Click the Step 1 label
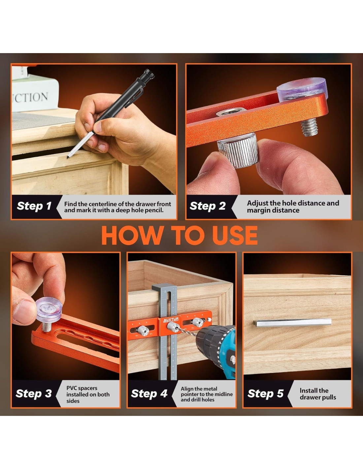tap(34, 206)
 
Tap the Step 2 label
tap(208, 206)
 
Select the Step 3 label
tap(34, 393)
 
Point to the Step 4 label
tap(149, 393)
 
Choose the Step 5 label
tap(265, 393)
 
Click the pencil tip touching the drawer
tap(68, 158)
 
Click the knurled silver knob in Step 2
tap(238, 150)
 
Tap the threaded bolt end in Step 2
tap(309, 128)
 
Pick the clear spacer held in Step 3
tap(49, 309)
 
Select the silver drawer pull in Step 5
tap(292, 323)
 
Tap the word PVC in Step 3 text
tap(72, 388)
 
